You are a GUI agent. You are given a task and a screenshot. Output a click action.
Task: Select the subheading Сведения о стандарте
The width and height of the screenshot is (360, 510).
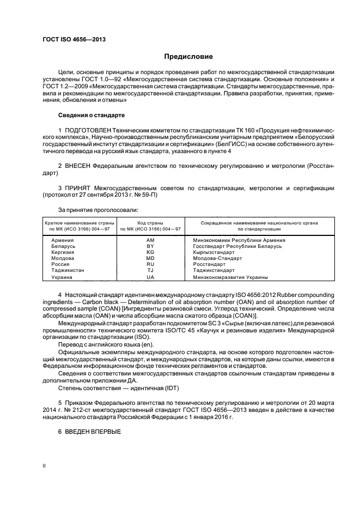pos(91,116)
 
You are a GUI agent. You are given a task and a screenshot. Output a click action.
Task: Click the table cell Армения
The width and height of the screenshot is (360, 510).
pos(63,240)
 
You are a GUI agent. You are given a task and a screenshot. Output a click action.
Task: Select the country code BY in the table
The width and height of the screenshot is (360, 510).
pos(150,246)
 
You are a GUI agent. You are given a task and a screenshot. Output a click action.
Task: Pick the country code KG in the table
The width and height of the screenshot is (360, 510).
pos(150,252)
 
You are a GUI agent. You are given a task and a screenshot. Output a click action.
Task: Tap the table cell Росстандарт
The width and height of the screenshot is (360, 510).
pos(209,264)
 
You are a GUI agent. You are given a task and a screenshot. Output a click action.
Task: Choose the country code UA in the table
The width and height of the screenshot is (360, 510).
pos(150,277)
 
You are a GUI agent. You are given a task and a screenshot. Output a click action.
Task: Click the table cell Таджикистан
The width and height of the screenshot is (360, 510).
pos(68,270)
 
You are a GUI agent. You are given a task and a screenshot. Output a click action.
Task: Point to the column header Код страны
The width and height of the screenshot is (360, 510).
pos(150,223)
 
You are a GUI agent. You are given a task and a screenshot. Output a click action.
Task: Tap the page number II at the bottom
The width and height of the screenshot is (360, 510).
pos(45,466)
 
